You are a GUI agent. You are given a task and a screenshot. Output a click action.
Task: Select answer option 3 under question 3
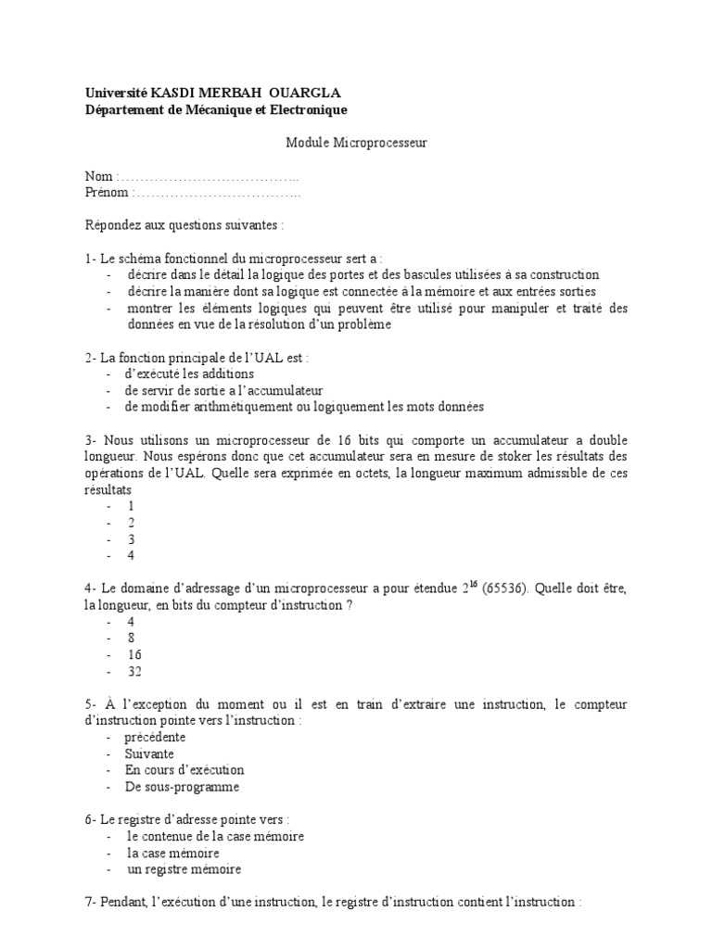132,538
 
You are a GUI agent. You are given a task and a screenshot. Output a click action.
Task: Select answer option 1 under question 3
132,506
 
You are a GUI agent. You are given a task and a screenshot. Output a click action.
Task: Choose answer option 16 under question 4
134,654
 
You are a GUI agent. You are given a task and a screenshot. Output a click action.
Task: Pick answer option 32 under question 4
134,671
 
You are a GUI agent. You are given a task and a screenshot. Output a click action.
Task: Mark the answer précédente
156,737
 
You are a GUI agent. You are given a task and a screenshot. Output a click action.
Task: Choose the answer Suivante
150,753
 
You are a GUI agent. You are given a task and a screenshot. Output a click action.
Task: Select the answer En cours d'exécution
185,770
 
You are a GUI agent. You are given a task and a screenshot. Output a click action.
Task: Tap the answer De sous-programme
183,787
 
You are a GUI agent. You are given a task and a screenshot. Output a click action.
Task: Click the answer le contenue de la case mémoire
216,836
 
